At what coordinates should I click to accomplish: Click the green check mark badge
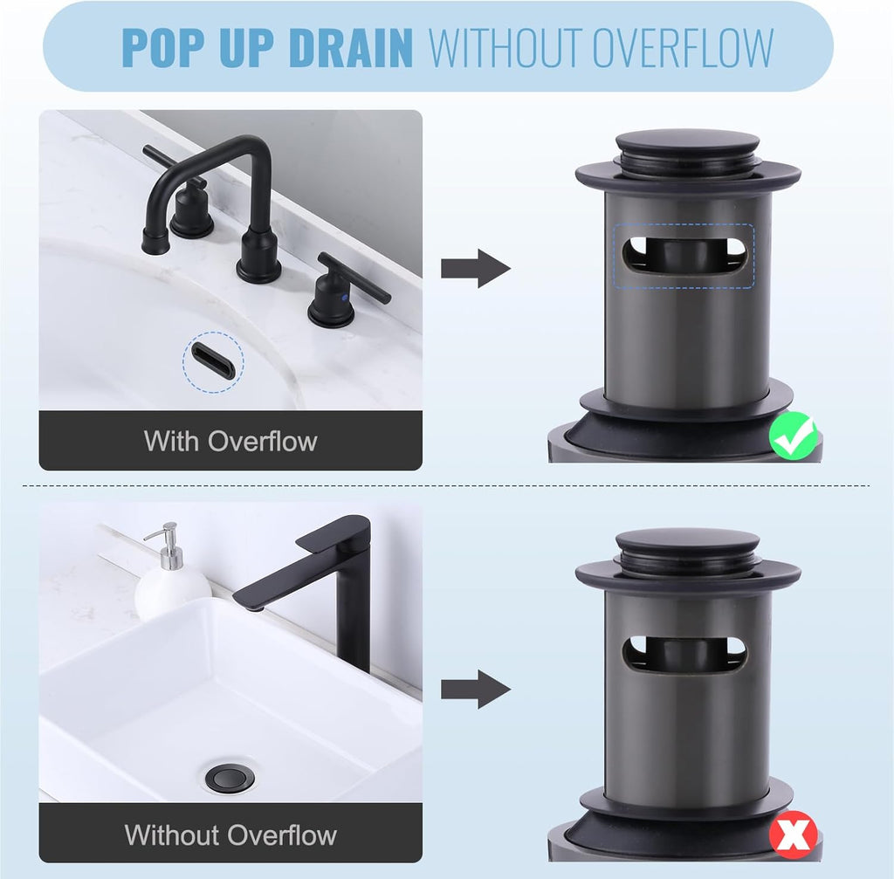pos(794,436)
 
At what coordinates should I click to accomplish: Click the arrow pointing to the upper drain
pos(475,268)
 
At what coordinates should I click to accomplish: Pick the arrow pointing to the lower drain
pos(475,690)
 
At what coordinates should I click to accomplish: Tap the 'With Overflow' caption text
pos(230,441)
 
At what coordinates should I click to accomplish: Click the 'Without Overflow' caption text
pos(230,834)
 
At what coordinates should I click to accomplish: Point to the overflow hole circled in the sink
pos(214,361)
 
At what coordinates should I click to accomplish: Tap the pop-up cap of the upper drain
pos(687,144)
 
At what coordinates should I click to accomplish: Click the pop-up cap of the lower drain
pos(687,542)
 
